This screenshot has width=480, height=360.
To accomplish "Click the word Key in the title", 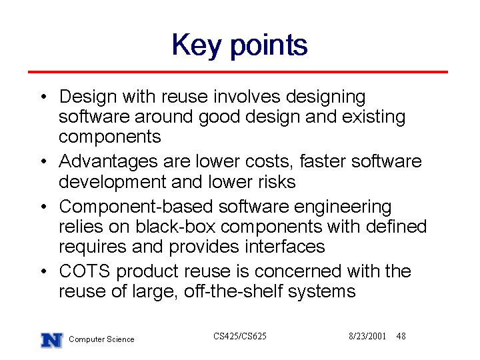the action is point(196,46).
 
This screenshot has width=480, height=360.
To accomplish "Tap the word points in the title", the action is point(269,46).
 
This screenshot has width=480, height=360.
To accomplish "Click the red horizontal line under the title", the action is point(238,72).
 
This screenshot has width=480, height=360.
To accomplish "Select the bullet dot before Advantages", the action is point(44,161).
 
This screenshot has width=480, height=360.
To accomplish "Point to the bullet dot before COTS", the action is point(44,271).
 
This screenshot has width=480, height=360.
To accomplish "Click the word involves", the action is point(247,97).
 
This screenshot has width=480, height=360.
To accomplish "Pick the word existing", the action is point(373,117).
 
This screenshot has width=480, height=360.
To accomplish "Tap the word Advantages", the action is point(109,161).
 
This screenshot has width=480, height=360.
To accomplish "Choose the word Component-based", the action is point(136,207).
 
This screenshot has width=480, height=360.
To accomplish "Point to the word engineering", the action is point(343,207).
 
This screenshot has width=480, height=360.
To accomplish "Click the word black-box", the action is point(176,227).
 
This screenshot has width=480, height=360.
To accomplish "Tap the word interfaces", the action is point(285,247).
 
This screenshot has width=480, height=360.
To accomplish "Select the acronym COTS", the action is point(85,271).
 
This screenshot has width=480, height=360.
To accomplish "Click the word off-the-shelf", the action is point(233,291).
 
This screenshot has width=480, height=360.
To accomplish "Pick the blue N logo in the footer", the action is point(52,340).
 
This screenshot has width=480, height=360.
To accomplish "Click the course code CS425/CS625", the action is point(240,336).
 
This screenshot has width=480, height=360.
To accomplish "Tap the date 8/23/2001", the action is point(367,336).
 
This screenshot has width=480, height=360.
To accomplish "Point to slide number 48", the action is point(401,336).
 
